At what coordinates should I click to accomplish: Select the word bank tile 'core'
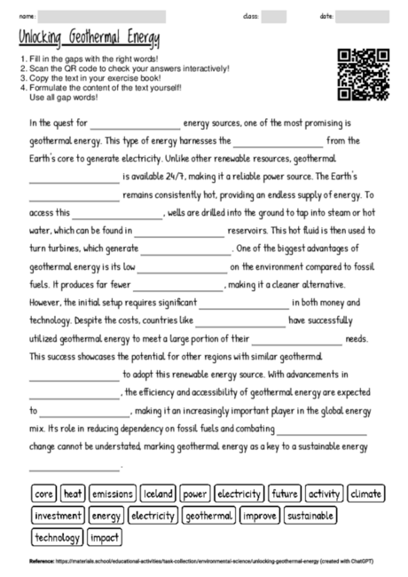[x=44, y=493]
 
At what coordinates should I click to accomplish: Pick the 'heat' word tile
[x=74, y=493]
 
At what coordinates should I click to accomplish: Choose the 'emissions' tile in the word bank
[x=112, y=493]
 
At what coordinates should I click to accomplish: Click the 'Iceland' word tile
[x=158, y=493]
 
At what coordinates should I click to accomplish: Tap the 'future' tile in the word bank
[x=286, y=493]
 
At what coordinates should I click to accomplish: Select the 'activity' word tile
[x=325, y=493]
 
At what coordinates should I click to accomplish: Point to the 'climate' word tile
[x=366, y=493]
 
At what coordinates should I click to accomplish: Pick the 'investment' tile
[x=57, y=515]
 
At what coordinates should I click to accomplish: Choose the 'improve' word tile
[x=259, y=515]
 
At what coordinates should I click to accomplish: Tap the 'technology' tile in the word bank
[x=57, y=537]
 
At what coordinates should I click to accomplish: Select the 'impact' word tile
[x=105, y=537]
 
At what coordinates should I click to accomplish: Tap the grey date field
[x=363, y=16]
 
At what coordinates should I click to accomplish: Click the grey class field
[x=274, y=16]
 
